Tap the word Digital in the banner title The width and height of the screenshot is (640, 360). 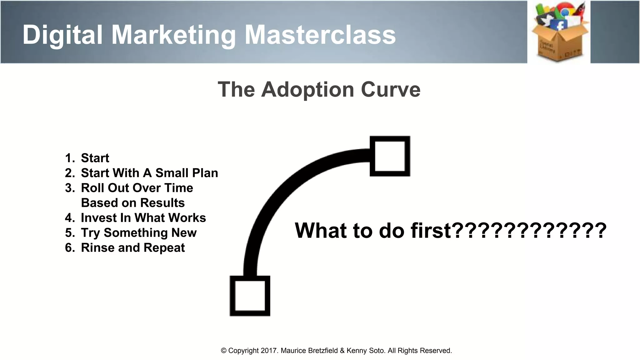pos(62,35)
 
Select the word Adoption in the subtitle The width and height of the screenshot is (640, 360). pos(307,90)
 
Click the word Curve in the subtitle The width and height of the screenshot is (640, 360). pos(391,90)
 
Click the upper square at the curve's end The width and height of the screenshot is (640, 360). pos(390,156)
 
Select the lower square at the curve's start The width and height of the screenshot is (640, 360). pos(250,296)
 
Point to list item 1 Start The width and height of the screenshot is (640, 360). pos(95,158)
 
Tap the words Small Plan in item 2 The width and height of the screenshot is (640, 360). pos(187,173)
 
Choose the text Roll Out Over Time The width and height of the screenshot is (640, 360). pos(137,188)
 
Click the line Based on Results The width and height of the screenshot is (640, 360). pos(133,203)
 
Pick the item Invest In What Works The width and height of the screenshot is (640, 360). pos(143,218)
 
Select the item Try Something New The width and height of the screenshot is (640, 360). pos(139,233)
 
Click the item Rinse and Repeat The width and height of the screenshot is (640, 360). pos(133,248)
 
